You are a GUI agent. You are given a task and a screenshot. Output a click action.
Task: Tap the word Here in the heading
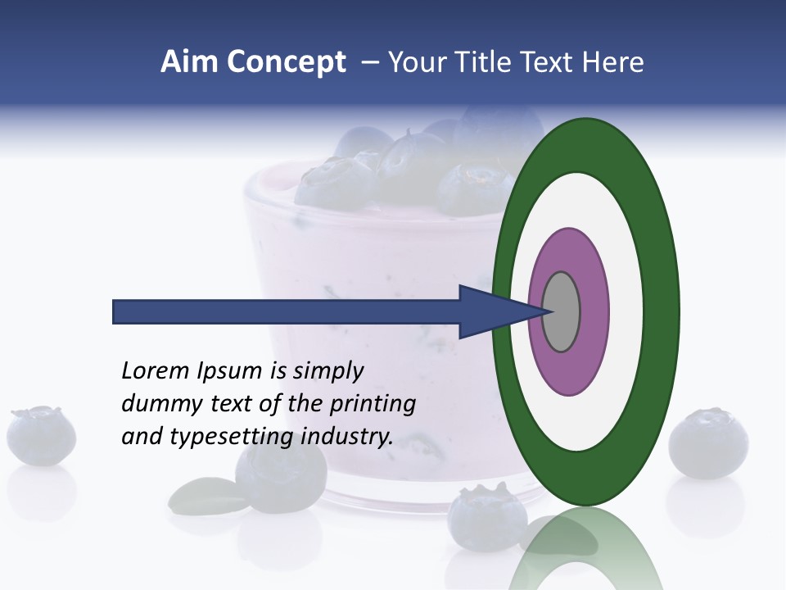(x=613, y=62)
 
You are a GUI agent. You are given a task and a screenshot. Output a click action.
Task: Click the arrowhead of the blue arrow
(x=491, y=312)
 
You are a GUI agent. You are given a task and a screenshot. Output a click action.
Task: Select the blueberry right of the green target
(x=708, y=443)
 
